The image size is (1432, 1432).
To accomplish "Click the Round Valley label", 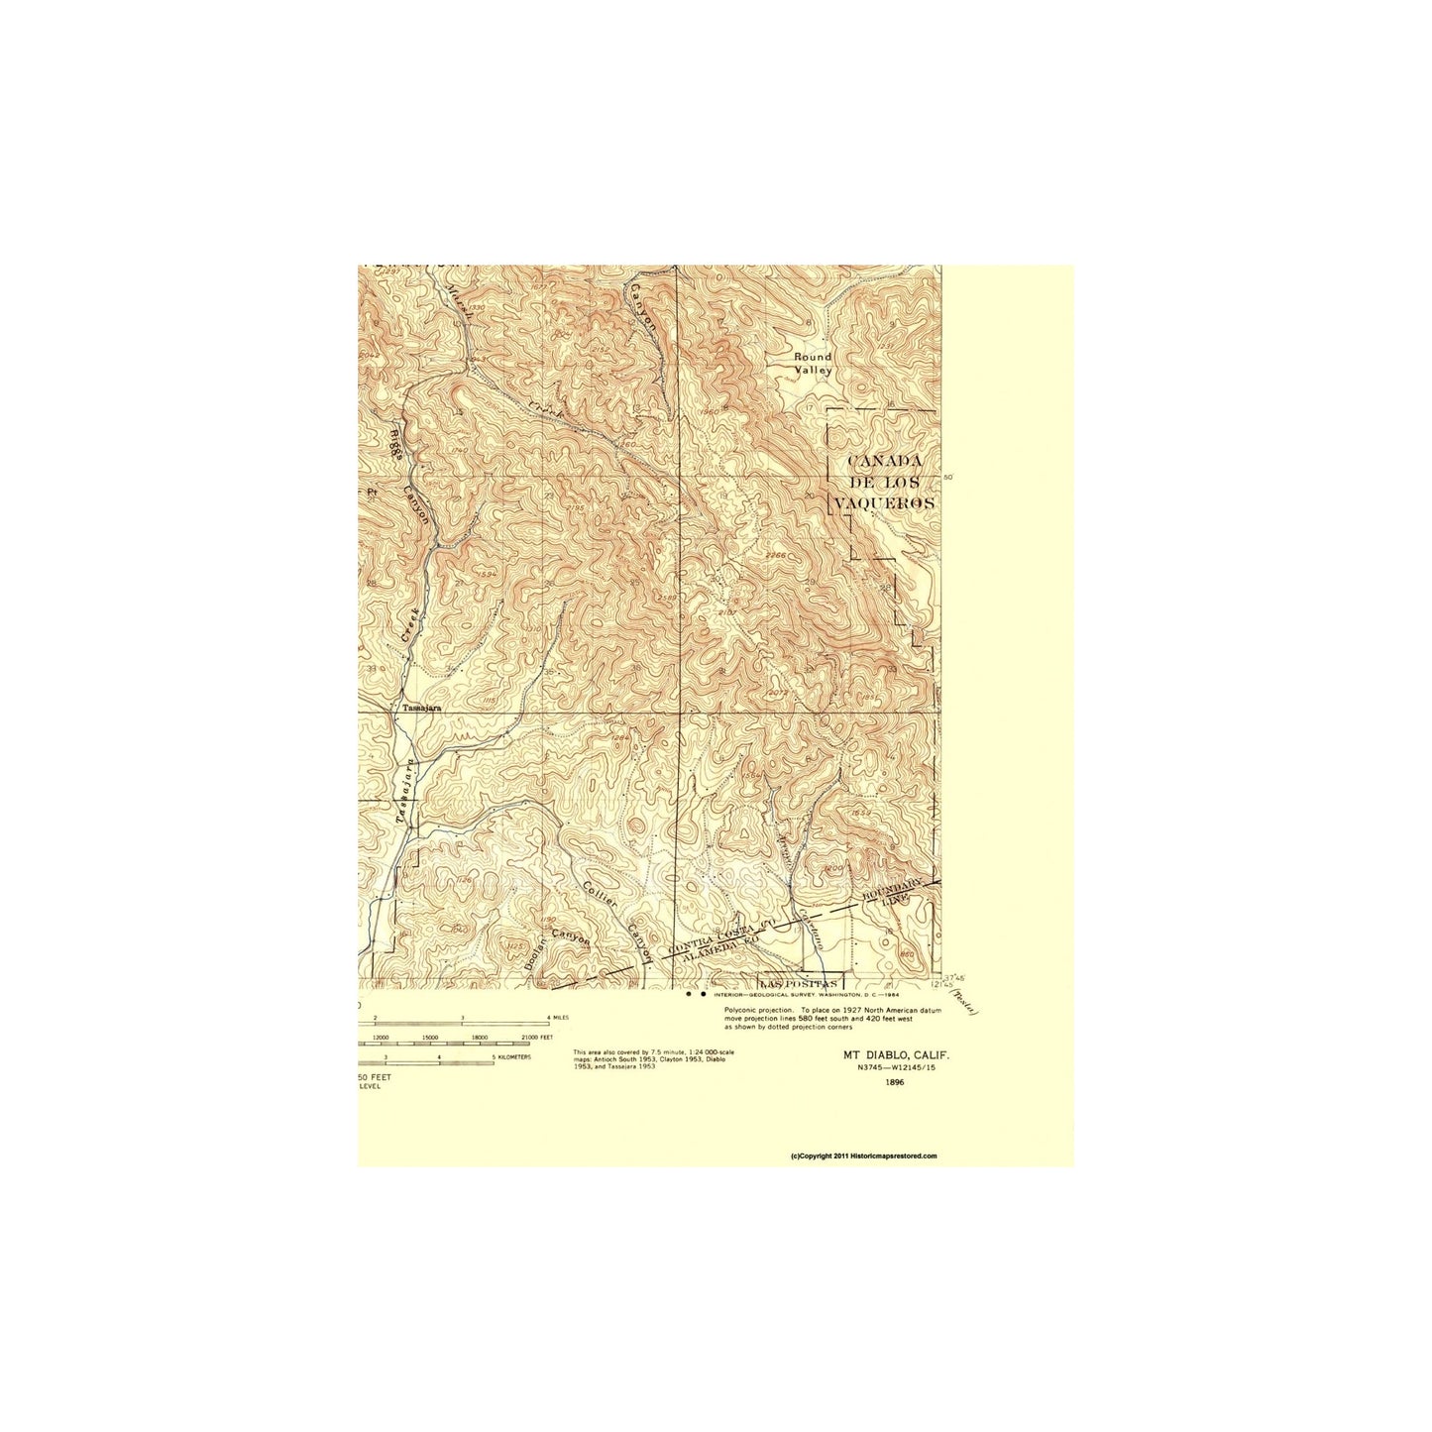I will point(814,363).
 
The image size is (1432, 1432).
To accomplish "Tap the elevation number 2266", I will point(775,555).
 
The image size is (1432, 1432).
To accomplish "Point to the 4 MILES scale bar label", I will point(554,1018).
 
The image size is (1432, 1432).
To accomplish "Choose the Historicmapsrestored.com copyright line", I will point(863,1156).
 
